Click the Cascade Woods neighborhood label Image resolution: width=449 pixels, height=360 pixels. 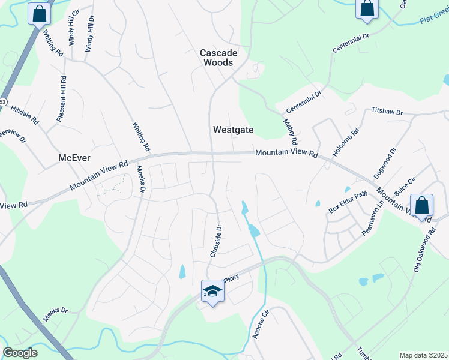point(218,58)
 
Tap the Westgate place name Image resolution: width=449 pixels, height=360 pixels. point(234,130)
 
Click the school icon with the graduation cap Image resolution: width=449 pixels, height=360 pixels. point(211,292)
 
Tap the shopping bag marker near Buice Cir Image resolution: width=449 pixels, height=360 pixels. point(422,206)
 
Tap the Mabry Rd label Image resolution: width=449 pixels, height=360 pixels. point(290,131)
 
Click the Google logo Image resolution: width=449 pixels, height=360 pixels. point(20,353)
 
